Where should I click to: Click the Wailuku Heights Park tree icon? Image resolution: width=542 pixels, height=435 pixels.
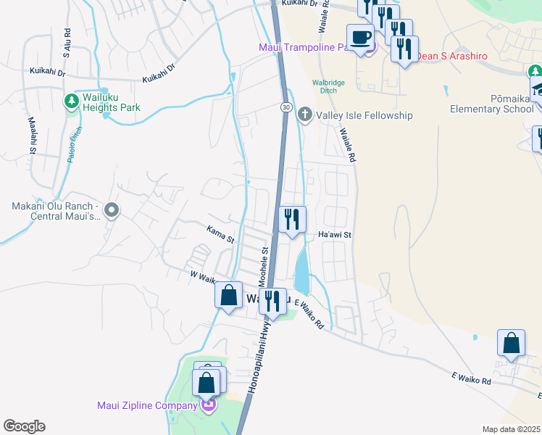pos(72,100)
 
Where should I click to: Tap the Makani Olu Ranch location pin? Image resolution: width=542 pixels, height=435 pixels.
pos(111,210)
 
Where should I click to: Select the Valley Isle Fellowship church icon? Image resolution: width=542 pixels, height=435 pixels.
pos(305,115)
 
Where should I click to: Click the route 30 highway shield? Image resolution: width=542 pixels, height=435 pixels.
pos(286,107)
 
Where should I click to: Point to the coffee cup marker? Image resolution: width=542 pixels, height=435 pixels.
pos(360,37)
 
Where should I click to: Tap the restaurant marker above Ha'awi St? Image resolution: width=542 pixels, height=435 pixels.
pos(292,219)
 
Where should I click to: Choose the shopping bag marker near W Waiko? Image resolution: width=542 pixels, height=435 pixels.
pos(228,295)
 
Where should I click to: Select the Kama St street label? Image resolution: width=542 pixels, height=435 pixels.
pos(220,234)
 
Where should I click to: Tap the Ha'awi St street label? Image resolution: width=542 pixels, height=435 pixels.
pos(335,235)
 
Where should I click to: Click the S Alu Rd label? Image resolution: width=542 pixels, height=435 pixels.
pos(67,43)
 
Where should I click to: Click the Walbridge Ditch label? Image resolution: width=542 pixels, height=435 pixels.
pos(328,87)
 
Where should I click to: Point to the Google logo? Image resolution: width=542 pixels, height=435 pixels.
pos(24,426)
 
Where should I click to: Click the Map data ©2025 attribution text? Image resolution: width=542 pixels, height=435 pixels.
pos(511,429)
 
